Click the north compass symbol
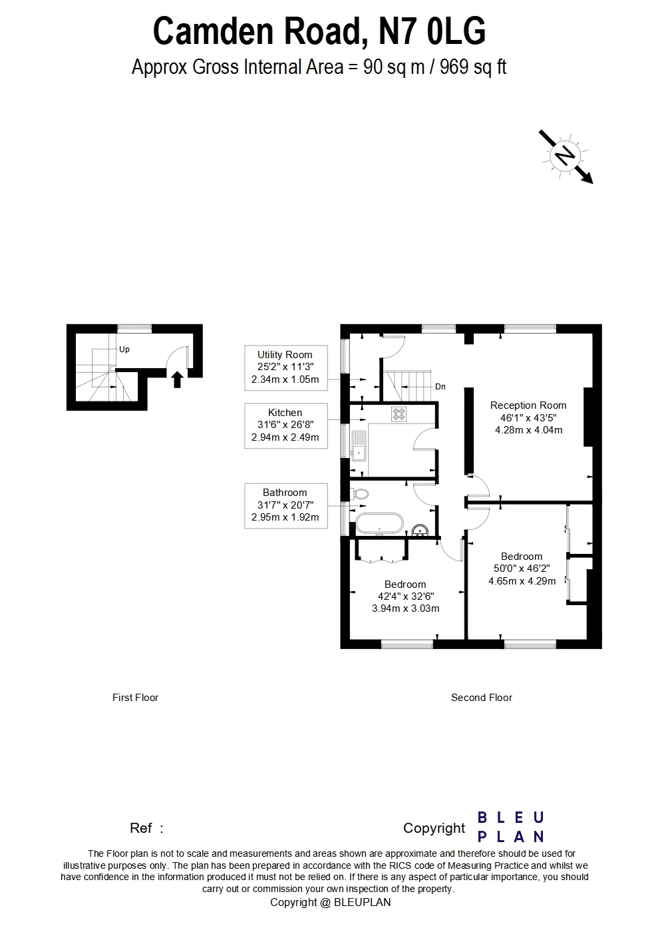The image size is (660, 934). point(566,156)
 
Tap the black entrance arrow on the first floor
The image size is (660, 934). point(177,379)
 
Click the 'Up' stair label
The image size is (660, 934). point(124,350)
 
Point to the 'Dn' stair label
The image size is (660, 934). point(440,386)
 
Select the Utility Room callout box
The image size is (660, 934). point(285,367)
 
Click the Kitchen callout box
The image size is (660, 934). point(285,425)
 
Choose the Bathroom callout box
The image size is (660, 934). point(285,505)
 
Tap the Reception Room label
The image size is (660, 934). point(528,405)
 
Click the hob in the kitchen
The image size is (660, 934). point(399,414)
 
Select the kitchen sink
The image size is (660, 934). point(360,445)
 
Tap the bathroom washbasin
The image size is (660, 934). point(419,530)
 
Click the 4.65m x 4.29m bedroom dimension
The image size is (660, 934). point(522,581)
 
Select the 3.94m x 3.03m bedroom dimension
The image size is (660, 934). point(405,608)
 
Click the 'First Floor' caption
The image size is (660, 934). point(135,698)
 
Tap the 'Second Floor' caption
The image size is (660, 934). point(481,698)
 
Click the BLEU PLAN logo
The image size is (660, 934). point(511,827)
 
